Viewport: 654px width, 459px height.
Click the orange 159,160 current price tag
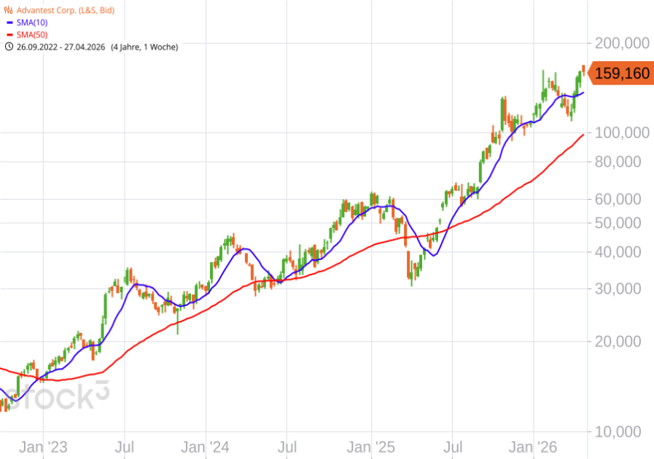[x=620, y=74]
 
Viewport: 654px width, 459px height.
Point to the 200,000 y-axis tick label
[x=623, y=44]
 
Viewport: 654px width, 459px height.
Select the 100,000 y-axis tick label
[x=623, y=133]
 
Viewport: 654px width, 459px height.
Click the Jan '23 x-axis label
[x=43, y=446]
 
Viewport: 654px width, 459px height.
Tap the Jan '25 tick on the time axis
[x=371, y=446]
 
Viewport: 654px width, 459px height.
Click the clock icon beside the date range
[x=9, y=47]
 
